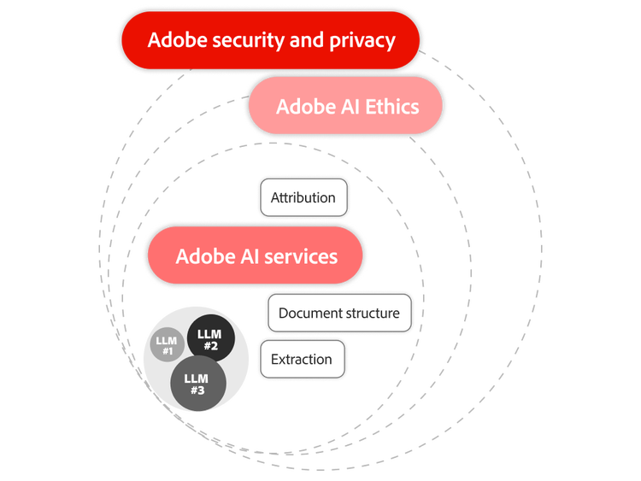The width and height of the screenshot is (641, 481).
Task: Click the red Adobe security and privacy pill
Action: (271, 40)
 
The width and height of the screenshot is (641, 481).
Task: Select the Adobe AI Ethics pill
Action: (344, 107)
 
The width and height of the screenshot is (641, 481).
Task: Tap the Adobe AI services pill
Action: (256, 256)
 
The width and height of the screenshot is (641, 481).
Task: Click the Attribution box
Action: (303, 197)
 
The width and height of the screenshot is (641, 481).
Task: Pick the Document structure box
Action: (338, 313)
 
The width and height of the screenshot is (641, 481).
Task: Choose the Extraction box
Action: (301, 359)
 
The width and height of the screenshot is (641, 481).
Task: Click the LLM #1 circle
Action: (167, 346)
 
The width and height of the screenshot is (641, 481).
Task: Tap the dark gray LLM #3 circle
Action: (197, 384)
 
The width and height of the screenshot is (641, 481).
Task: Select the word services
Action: (299, 256)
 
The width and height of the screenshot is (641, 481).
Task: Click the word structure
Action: (370, 313)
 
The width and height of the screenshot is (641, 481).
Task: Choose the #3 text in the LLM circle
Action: (197, 390)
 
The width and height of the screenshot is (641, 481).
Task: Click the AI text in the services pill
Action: (244, 256)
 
